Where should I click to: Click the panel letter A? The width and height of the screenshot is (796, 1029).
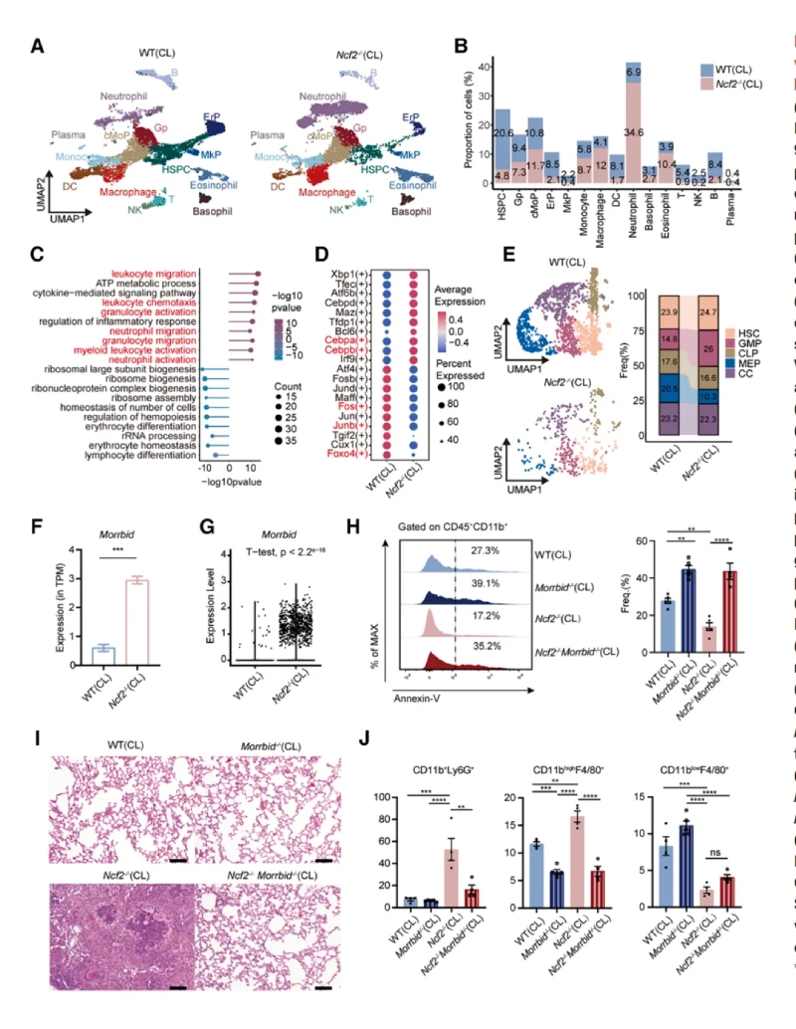(x=37, y=45)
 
